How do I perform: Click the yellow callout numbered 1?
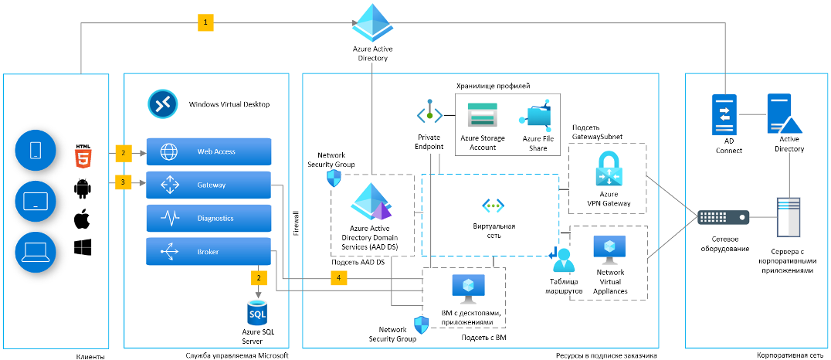[x=205, y=22]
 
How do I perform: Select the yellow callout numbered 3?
[x=123, y=182]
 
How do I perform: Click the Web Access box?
[x=209, y=151]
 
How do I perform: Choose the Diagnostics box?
[x=209, y=218]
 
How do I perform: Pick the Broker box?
[x=209, y=252]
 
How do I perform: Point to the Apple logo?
[x=82, y=219]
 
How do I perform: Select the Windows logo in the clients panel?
[x=82, y=247]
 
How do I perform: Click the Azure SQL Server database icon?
[x=258, y=314]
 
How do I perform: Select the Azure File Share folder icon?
[x=534, y=117]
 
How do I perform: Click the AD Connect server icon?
[x=724, y=114]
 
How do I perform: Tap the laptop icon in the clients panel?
[x=36, y=252]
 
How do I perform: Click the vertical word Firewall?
[x=297, y=224]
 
